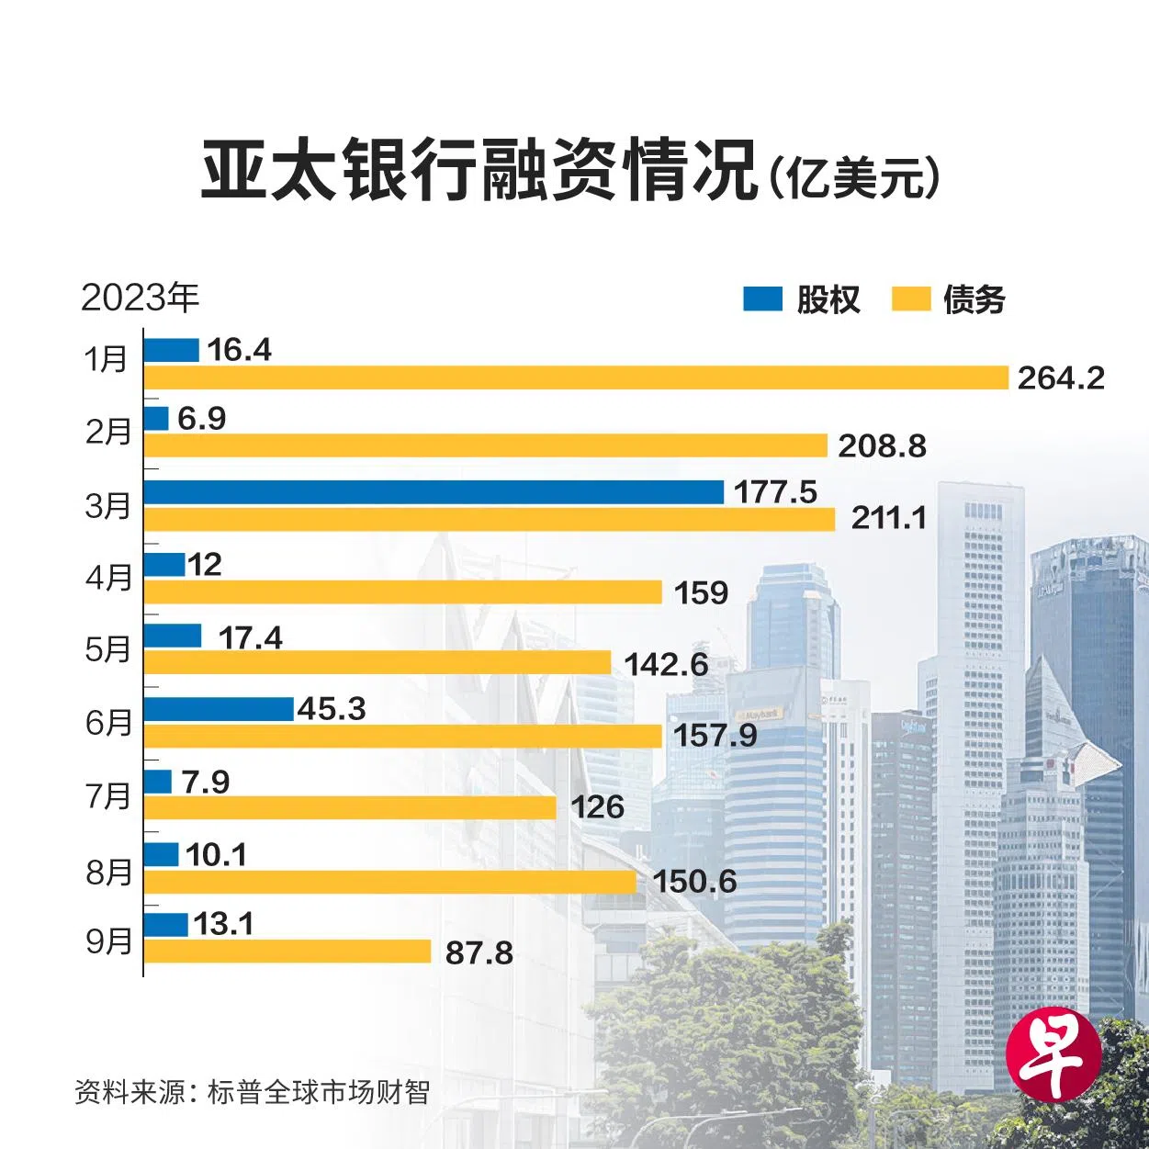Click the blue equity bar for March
coord(434,492)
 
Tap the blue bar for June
coord(219,709)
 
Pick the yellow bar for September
coord(287,952)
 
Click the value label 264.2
coord(1060,377)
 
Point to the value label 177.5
coord(775,492)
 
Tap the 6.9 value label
coord(202,419)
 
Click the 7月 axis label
coord(108,794)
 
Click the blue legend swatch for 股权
coord(762,299)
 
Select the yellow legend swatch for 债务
coord(911,299)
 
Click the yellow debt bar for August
coord(390,882)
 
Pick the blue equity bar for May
coord(173,636)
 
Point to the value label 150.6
coord(694,881)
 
